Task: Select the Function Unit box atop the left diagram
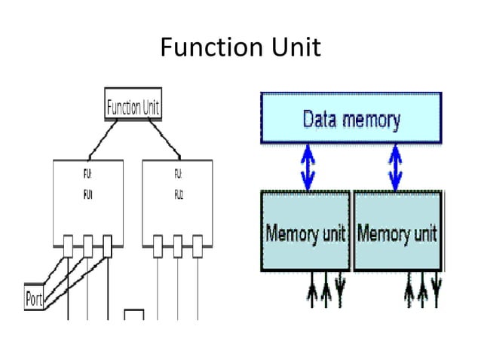133,106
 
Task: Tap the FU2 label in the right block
178,193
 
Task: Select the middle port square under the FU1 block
88,245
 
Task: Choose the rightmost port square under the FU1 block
107,245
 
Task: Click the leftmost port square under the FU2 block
158,245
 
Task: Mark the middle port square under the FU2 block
177,245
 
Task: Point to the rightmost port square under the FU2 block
197,245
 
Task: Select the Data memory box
351,118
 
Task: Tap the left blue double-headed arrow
306,166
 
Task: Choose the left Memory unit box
305,232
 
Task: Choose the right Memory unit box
397,232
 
